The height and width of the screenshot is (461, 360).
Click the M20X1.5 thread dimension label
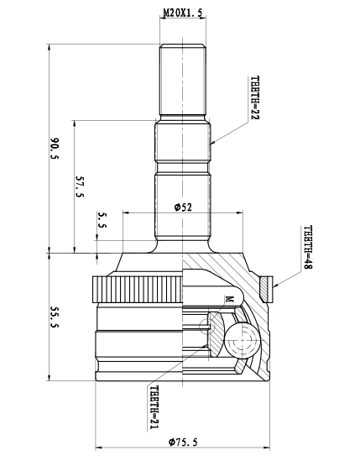(183, 13)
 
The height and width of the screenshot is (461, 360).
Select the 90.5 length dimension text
(55, 148)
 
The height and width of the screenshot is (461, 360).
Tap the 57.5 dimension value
(80, 186)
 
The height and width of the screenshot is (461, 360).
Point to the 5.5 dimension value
(102, 220)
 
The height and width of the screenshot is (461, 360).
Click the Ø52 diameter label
(183, 207)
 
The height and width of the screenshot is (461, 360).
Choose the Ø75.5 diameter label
(183, 442)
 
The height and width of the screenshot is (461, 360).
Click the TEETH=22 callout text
(255, 97)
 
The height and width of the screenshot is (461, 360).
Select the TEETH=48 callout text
(308, 248)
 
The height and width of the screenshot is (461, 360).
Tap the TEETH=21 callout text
(154, 406)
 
